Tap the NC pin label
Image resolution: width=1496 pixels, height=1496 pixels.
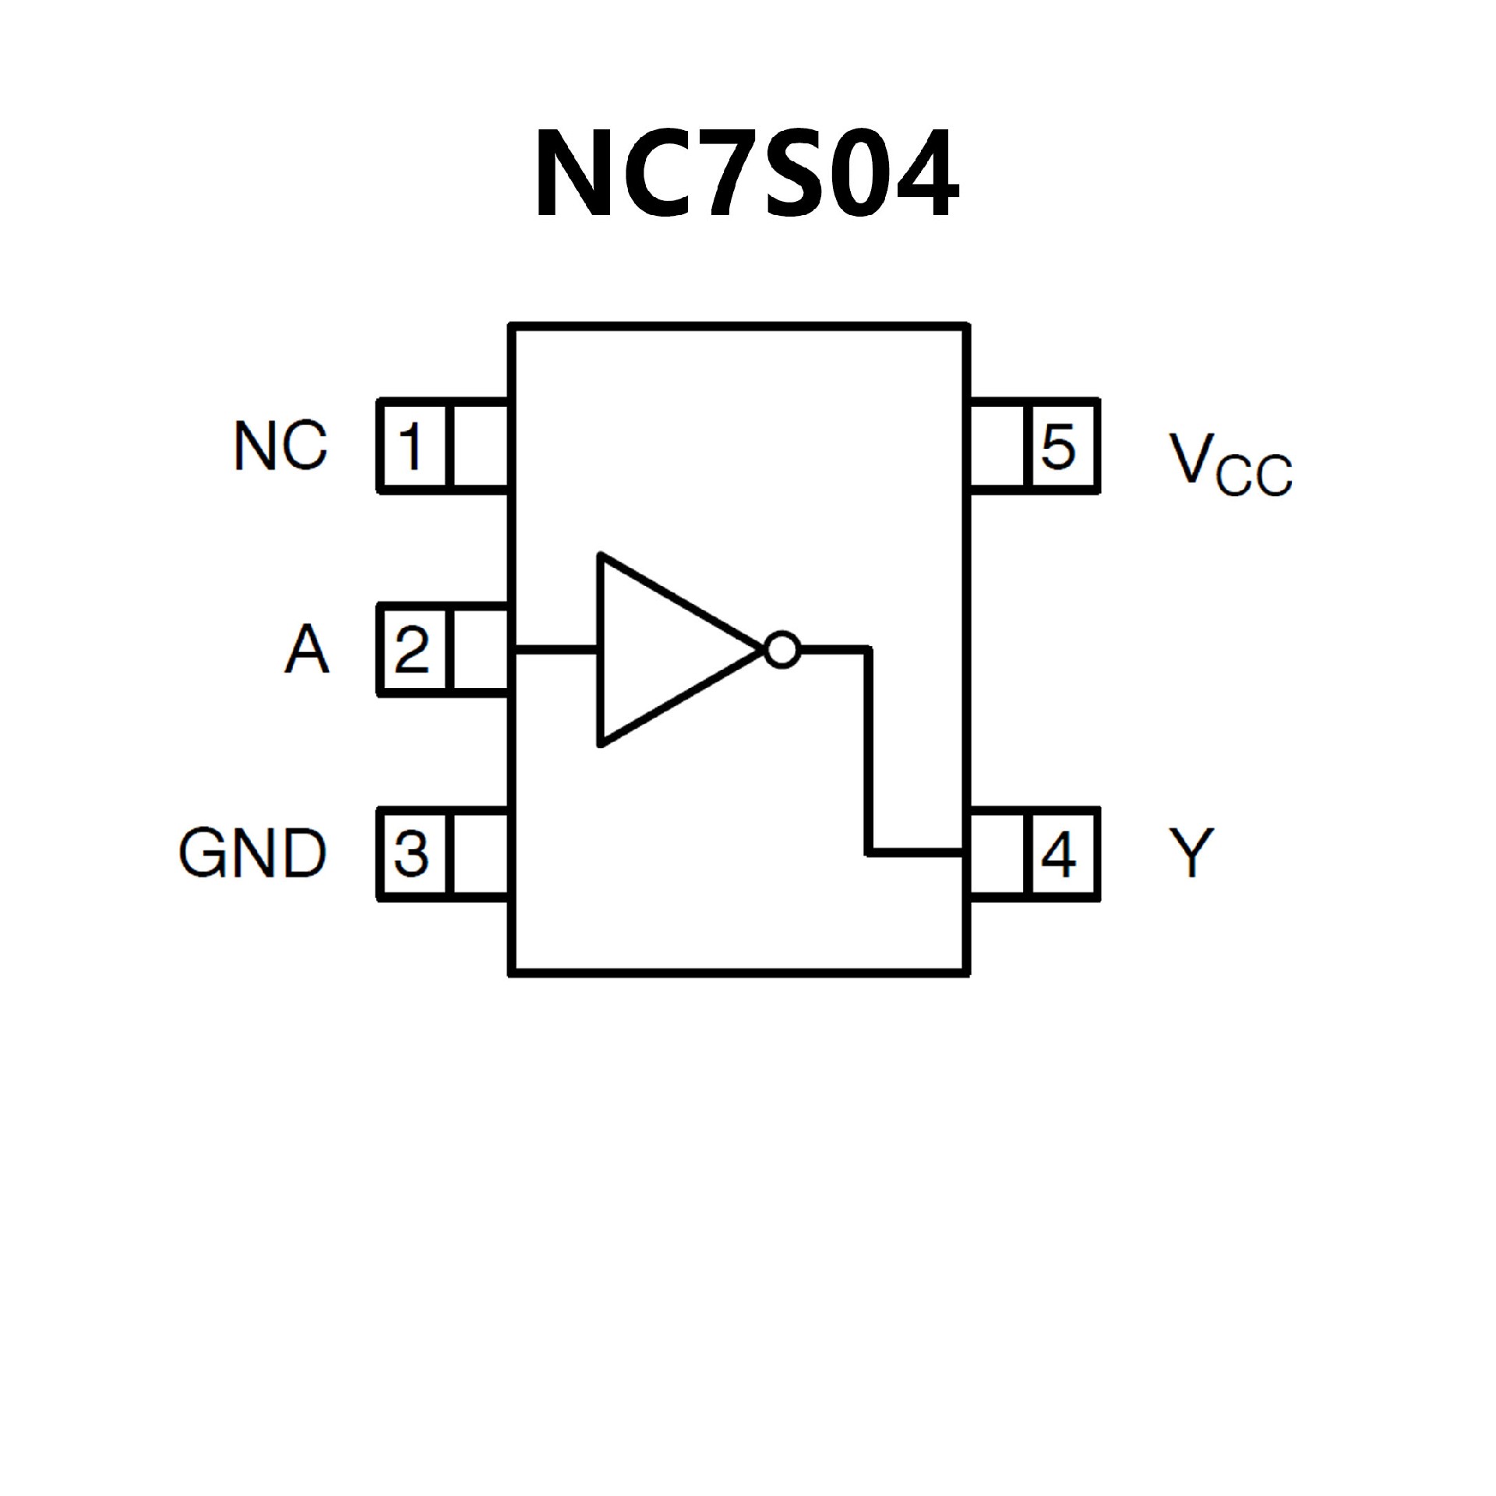tap(280, 446)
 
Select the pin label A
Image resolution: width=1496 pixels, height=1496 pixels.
tap(306, 649)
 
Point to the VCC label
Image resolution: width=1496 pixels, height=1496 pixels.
tap(1230, 464)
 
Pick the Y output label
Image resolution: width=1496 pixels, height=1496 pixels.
tap(1191, 852)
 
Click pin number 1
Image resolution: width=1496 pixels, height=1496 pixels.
tap(411, 446)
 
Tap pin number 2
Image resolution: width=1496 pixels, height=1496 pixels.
tap(411, 649)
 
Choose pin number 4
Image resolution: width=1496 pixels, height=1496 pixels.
tap(1059, 853)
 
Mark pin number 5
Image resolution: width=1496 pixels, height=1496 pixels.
tap(1059, 446)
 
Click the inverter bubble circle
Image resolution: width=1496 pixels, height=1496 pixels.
tap(782, 648)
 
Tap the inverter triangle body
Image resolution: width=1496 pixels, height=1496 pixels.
tap(662, 649)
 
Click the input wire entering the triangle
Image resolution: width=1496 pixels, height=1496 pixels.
tap(555, 647)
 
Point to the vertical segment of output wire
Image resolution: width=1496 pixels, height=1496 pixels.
tap(870, 748)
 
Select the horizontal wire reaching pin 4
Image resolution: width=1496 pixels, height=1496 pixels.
tap(916, 852)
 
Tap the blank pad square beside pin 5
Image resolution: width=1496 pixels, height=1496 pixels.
tap(998, 446)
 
